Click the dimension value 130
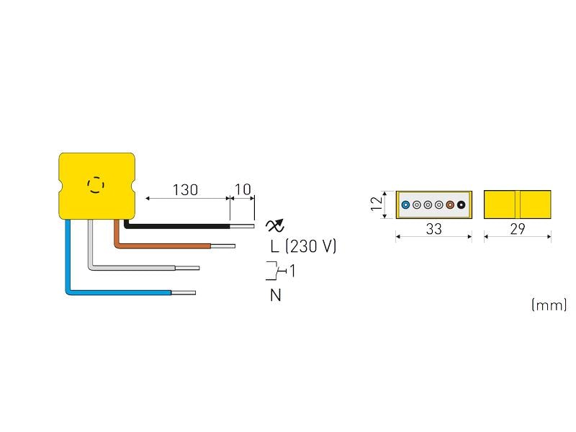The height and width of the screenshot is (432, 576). click(185, 190)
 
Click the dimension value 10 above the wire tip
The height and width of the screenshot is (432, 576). click(243, 190)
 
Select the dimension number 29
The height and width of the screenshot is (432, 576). click(518, 229)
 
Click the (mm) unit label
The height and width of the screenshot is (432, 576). click(549, 305)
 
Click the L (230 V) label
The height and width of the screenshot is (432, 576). click(303, 246)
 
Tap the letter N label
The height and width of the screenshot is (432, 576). click(275, 294)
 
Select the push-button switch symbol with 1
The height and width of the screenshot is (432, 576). click(280, 271)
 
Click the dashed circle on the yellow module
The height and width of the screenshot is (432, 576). click(95, 185)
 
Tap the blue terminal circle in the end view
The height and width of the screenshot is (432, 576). click(405, 205)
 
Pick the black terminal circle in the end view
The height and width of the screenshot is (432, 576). click(461, 205)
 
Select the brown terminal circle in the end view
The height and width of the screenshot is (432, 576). click(450, 205)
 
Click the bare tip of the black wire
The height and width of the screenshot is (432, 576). click(243, 225)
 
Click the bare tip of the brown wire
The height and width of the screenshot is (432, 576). click(222, 246)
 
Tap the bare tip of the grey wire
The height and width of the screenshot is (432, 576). click(186, 269)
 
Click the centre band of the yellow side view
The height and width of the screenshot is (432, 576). click(517, 205)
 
